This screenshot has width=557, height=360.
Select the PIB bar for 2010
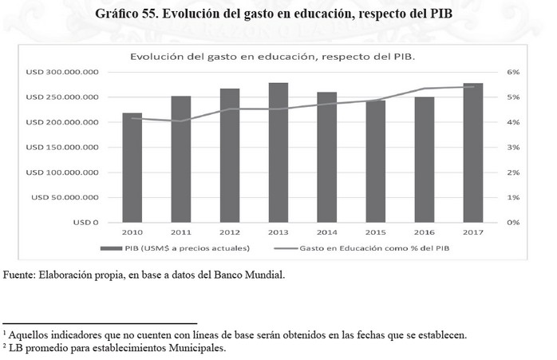coord(132,168)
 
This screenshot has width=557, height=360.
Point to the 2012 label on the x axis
coord(229,231)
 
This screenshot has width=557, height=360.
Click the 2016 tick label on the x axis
coord(424,231)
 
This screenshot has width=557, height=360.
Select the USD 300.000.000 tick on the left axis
coord(61,72)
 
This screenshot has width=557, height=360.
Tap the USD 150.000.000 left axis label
coord(61,147)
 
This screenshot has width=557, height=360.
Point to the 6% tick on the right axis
coord(513,72)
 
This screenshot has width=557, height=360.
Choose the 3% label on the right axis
coord(513,147)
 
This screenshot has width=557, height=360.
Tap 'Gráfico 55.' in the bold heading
coord(127,14)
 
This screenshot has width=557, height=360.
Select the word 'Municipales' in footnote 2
coord(197,348)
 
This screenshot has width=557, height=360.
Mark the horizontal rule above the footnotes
coord(100,322)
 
